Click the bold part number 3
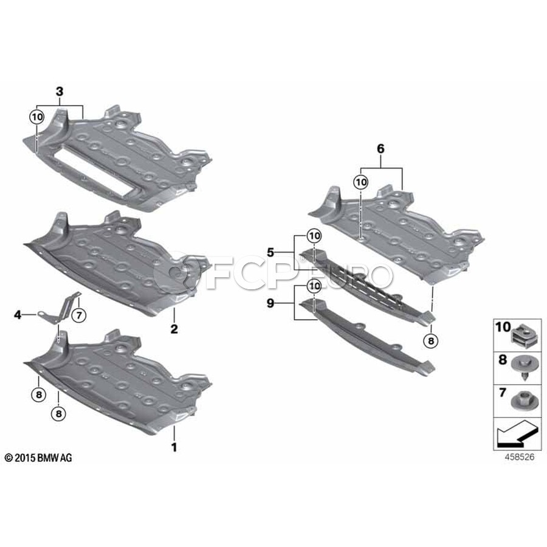click(59, 92)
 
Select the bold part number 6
click(381, 148)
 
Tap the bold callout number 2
click(174, 329)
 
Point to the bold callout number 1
click(174, 448)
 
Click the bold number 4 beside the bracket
click(18, 314)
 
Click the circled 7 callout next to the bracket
click(78, 315)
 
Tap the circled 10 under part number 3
click(37, 115)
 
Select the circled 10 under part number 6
click(361, 181)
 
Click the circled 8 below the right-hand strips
click(431, 341)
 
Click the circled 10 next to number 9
click(314, 285)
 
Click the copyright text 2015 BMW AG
click(38, 458)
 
